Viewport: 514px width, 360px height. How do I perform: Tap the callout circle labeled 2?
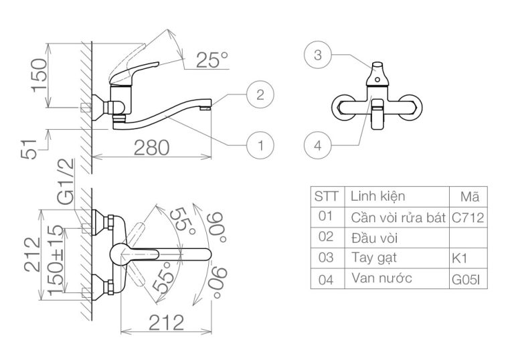coord(260,94)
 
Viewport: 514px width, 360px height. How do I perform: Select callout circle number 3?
coord(318,56)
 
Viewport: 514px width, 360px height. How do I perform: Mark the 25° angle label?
coord(212,60)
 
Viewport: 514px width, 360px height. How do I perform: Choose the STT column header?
coord(326,197)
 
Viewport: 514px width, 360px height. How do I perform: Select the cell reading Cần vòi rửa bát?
coord(398,217)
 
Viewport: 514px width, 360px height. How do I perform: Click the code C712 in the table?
coord(468,217)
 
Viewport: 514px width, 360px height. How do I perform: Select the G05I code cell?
coord(468,279)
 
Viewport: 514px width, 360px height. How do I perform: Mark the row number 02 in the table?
coord(326,238)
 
